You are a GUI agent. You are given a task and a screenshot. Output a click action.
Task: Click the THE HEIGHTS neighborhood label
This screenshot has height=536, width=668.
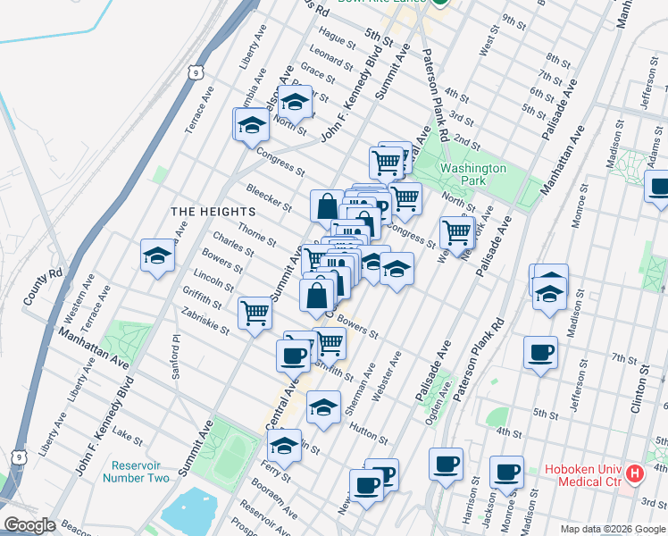pyautogui.click(x=213, y=212)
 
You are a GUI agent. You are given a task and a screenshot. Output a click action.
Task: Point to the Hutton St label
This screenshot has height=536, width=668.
pyautogui.click(x=368, y=433)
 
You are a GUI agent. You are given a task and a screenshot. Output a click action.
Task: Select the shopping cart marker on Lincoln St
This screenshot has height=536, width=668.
pyautogui.click(x=255, y=314)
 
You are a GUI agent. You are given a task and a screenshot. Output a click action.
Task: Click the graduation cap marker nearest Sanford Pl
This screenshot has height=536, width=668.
pyautogui.click(x=157, y=255)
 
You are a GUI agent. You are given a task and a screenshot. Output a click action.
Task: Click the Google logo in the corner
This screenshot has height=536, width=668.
pyautogui.click(x=29, y=525)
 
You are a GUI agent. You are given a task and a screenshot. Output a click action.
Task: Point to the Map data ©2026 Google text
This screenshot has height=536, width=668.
pyautogui.click(x=612, y=529)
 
